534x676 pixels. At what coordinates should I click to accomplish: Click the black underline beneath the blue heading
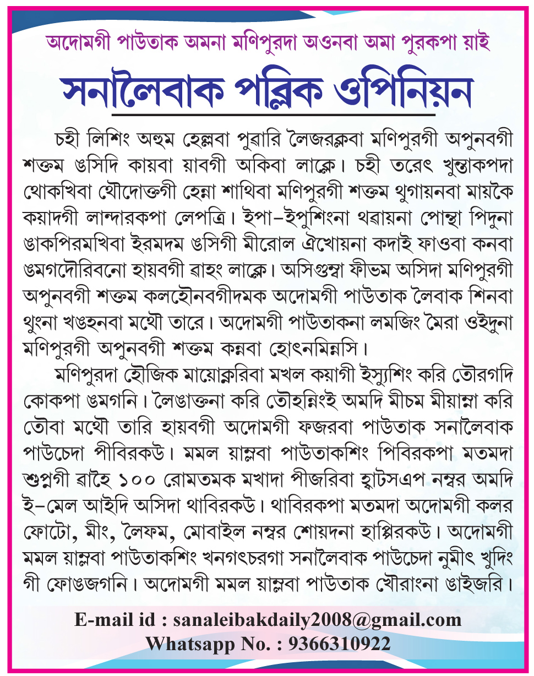click(x=274, y=115)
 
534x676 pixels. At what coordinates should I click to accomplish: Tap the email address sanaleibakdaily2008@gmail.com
click(x=317, y=619)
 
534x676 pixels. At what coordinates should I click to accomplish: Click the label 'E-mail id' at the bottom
click(x=116, y=619)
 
